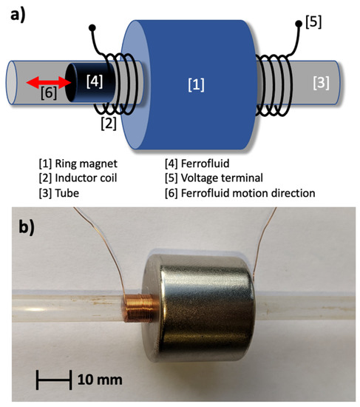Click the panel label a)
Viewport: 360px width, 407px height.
16,13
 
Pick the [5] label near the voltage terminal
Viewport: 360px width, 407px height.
313,23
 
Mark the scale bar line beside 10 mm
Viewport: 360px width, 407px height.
53,380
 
